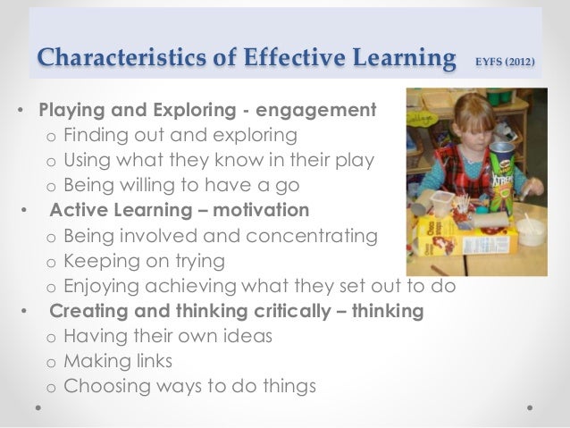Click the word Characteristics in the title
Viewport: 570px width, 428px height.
[101, 60]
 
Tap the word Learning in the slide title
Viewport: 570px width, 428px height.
[399, 60]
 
